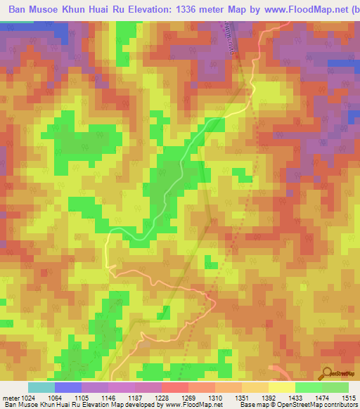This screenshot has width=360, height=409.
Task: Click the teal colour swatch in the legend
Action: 41,387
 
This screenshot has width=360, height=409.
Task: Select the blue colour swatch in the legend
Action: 67,387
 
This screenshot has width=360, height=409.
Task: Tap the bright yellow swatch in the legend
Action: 281,387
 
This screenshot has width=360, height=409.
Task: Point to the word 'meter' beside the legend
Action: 8,397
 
